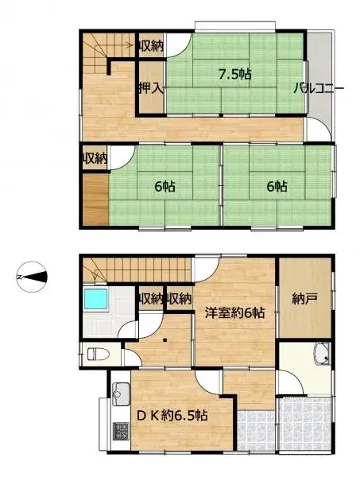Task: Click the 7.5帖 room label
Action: [235, 76]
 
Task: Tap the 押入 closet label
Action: [150, 87]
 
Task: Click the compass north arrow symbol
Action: [31, 277]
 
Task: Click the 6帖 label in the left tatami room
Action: [165, 187]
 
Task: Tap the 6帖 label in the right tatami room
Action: [277, 187]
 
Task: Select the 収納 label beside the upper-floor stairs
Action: [150, 46]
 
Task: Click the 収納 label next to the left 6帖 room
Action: [95, 158]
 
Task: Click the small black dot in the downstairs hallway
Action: [165, 339]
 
